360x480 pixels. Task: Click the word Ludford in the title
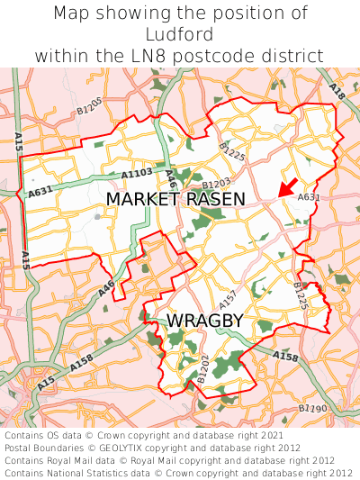click(x=180, y=34)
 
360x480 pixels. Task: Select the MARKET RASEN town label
click(x=175, y=199)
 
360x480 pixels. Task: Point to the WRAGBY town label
click(x=204, y=321)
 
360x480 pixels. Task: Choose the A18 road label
click(x=337, y=92)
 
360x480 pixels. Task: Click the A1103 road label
click(x=137, y=173)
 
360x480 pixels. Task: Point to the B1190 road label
click(x=312, y=410)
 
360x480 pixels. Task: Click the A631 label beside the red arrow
click(x=308, y=197)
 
